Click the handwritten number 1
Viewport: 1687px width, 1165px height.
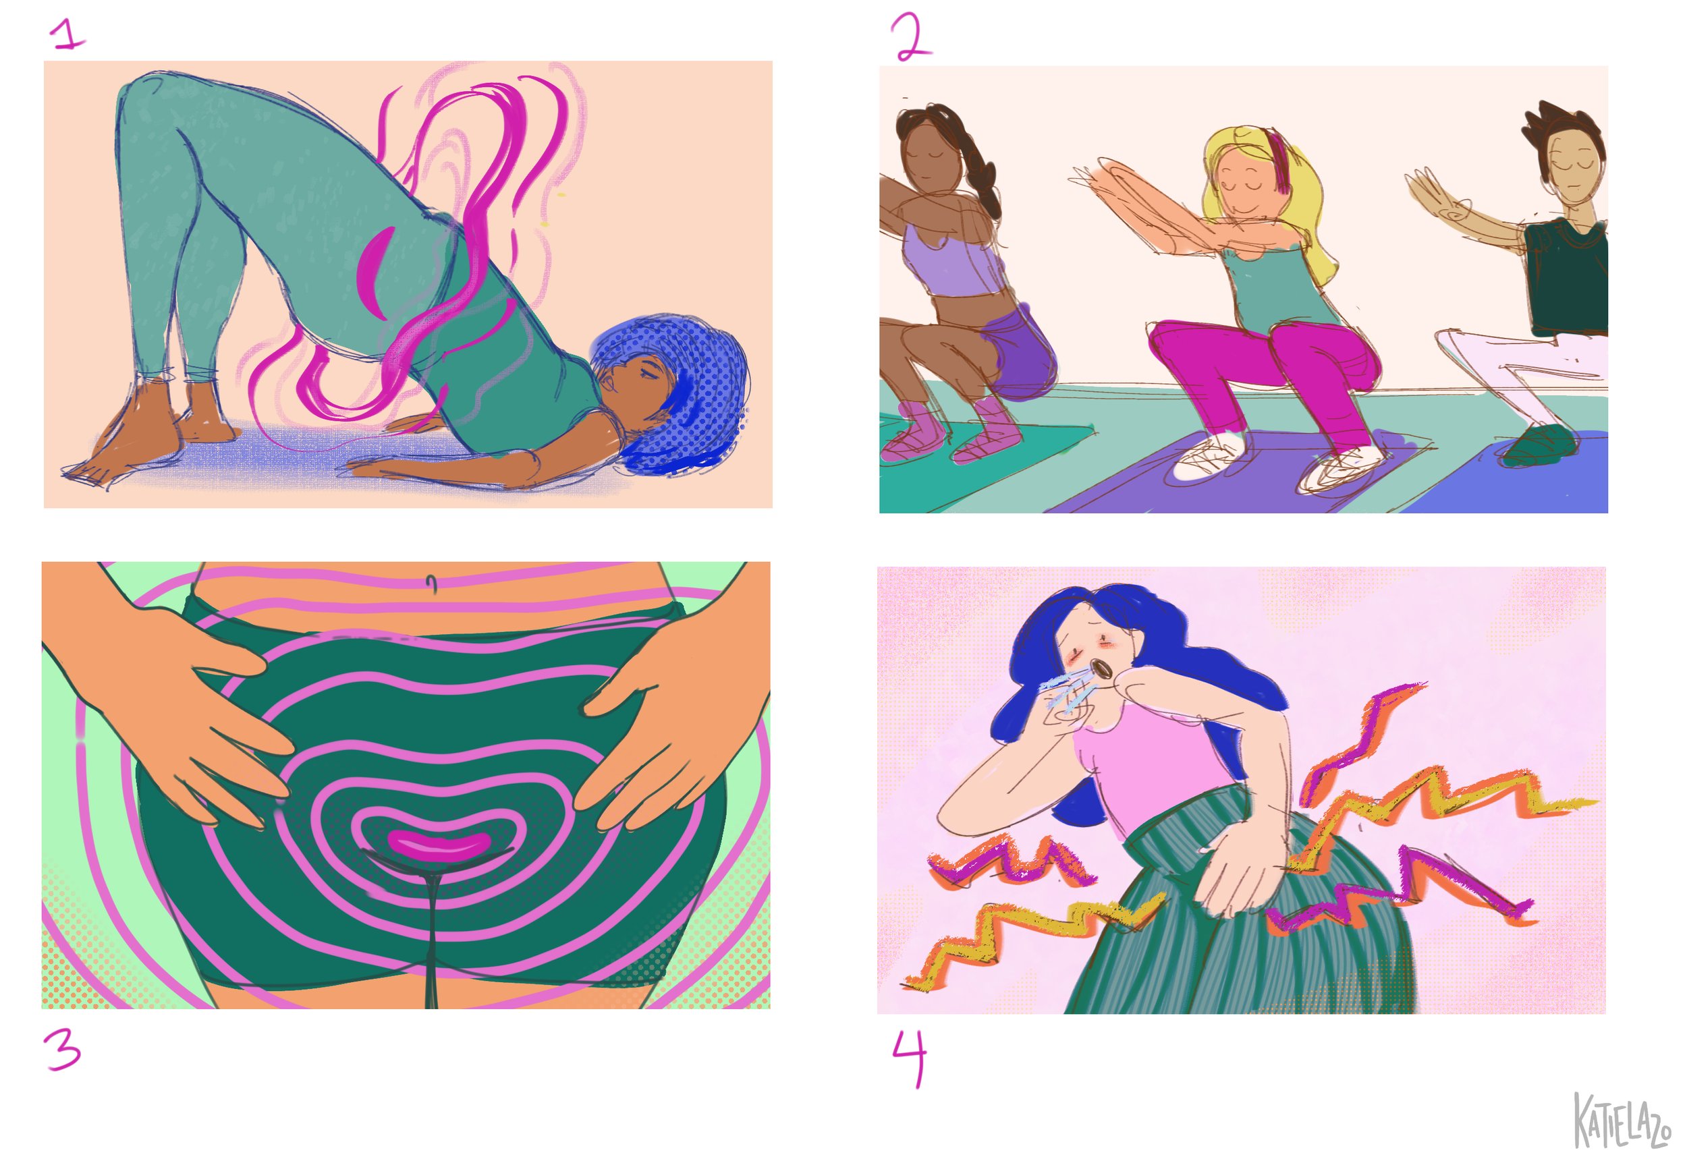click(69, 34)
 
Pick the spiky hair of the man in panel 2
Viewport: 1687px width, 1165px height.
click(1562, 132)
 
